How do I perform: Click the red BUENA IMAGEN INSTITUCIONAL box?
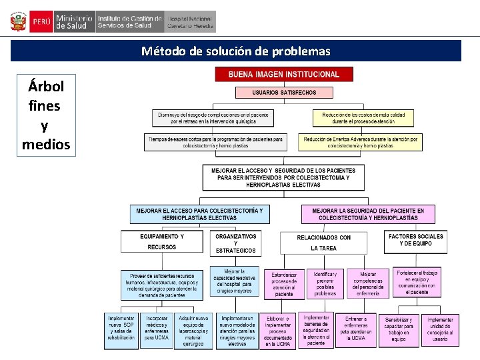pos(284,75)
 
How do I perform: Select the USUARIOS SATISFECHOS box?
pos(284,93)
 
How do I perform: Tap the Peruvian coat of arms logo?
pos(17,21)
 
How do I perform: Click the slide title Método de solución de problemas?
pos(235,51)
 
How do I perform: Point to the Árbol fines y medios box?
pos(45,115)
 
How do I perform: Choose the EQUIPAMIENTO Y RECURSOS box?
pos(162,241)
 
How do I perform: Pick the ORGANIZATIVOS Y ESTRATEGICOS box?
pos(235,243)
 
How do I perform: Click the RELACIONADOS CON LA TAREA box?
pos(324,243)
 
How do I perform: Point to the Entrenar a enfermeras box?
pos(355,329)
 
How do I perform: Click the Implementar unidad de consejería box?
pos(440,329)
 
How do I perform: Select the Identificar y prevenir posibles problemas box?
pos(325,283)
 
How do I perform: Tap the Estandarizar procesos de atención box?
pos(284,283)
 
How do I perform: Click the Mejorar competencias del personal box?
pos(368,283)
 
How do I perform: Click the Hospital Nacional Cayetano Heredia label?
pos(191,22)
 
